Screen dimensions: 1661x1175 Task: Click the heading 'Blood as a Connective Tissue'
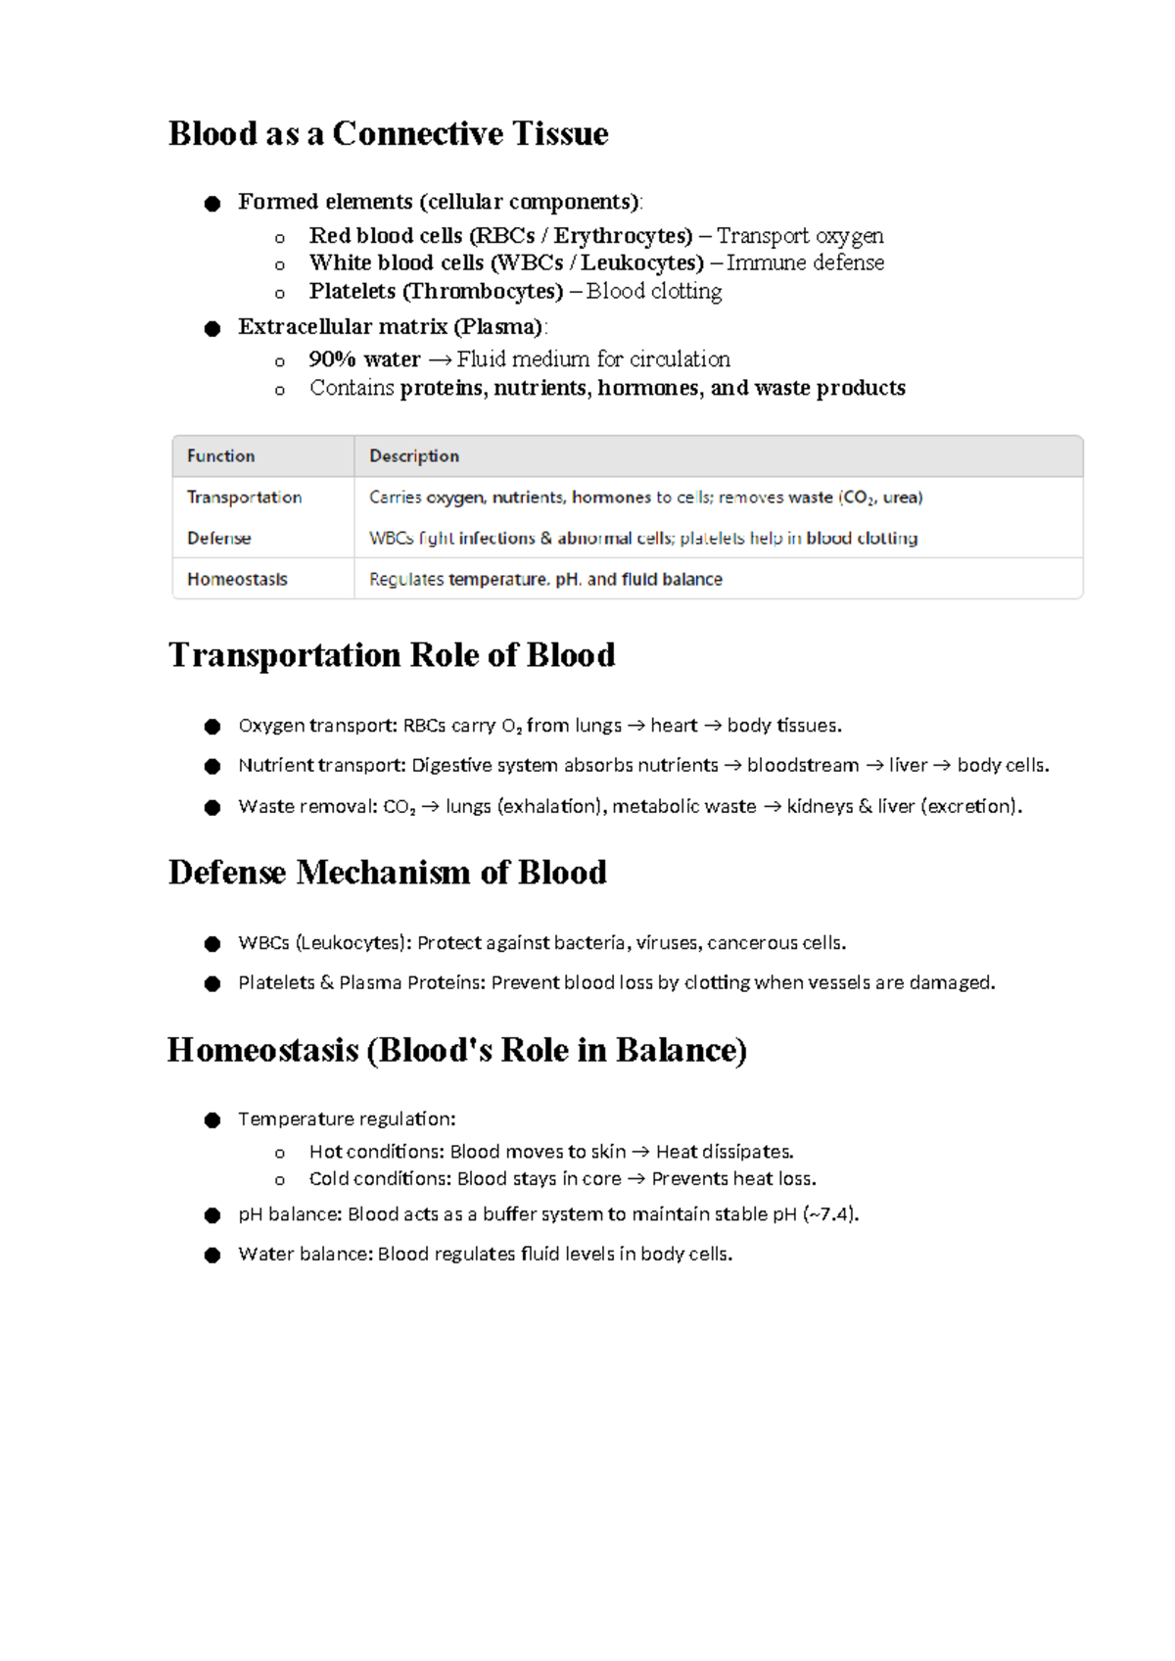[x=388, y=133]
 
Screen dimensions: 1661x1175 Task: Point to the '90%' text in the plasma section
[x=332, y=359]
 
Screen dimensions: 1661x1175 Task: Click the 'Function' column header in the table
[x=221, y=456]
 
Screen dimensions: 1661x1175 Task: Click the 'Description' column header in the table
[x=414, y=456]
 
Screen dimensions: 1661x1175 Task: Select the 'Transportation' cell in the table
[x=245, y=498]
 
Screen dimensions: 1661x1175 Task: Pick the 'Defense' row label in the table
[x=219, y=539]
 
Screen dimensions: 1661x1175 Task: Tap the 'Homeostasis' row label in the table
[x=238, y=580]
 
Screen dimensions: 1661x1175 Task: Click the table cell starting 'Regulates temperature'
[x=545, y=580]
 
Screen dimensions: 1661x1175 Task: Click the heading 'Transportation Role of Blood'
[x=392, y=655]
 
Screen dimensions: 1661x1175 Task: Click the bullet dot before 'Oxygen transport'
[x=212, y=727]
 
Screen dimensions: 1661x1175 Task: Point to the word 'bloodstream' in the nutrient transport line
[x=803, y=766]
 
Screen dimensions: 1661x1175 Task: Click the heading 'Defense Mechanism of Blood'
[x=388, y=873]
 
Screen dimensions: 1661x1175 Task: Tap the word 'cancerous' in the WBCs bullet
[x=751, y=943]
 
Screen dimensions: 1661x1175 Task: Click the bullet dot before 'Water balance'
[x=212, y=1256]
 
